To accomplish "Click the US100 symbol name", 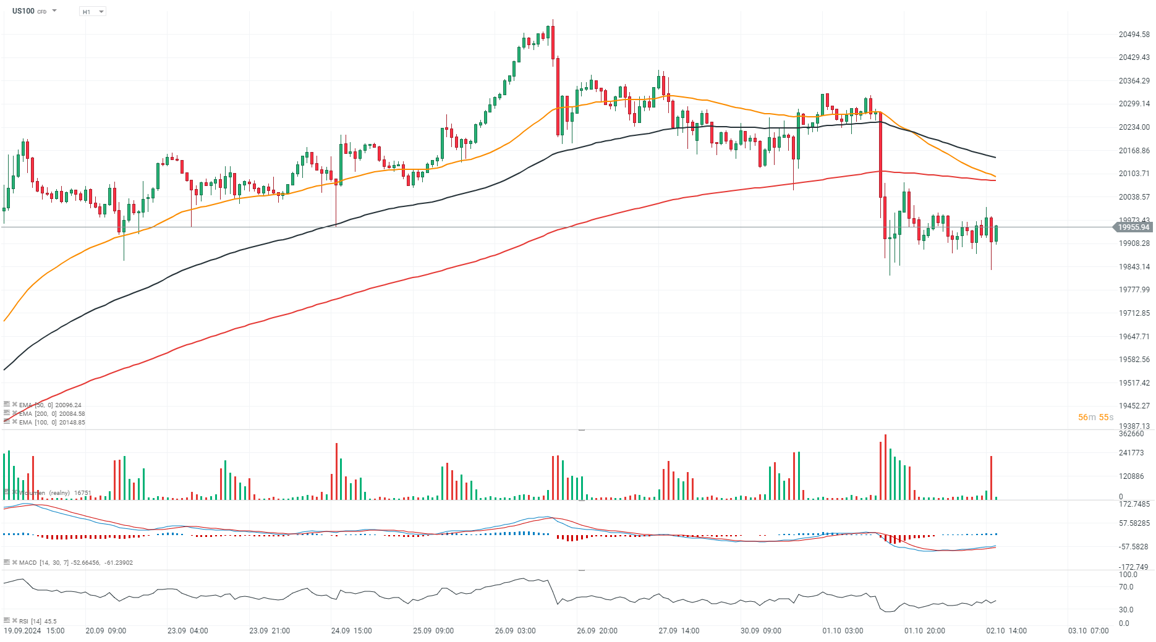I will click(x=23, y=11).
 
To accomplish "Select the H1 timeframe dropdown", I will click(x=93, y=12).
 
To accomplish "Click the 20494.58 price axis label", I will click(x=1134, y=35).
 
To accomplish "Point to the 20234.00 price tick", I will click(x=1134, y=127).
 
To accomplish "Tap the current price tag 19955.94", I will click(x=1133, y=227).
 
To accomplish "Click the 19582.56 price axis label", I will click(x=1134, y=360).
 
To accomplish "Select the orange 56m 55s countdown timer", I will click(x=1095, y=417).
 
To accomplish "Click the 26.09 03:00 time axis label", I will click(x=515, y=631).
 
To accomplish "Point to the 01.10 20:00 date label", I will click(x=924, y=631).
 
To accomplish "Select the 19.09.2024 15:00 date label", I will click(x=35, y=631).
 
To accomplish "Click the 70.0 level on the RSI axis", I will click(x=1126, y=587).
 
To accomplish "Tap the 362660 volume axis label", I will click(x=1131, y=434).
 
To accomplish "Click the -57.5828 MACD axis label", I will click(x=1134, y=547).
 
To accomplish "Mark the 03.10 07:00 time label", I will click(x=1088, y=631).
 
